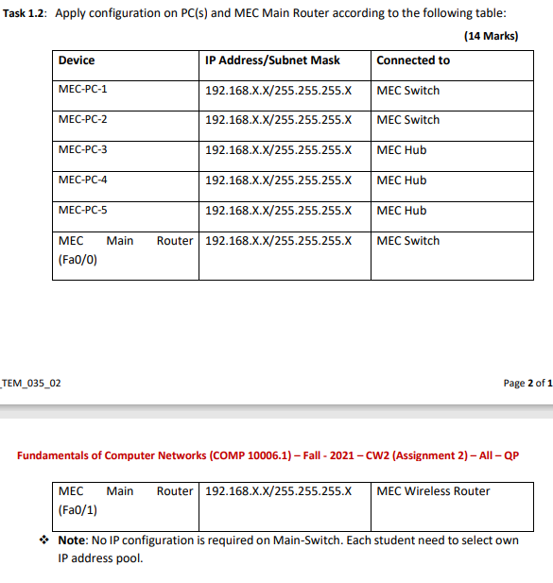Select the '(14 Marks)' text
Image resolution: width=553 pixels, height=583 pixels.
(491, 35)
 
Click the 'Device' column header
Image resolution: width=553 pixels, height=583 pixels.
(77, 60)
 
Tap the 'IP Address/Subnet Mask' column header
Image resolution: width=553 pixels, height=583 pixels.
(272, 60)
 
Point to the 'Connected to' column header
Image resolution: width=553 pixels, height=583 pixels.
(413, 60)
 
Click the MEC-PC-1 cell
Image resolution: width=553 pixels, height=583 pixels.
(83, 91)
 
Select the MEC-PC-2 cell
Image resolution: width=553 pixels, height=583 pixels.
(83, 120)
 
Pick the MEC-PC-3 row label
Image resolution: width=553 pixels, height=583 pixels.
(83, 150)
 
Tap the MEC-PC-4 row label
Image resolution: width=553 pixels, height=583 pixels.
(83, 180)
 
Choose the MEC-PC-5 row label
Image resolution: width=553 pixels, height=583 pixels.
(83, 211)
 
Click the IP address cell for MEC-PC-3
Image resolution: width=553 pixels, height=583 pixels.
(278, 150)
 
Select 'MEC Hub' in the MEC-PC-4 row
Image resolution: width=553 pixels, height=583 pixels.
(401, 180)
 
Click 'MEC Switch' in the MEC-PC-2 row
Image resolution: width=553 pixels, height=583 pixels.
(407, 120)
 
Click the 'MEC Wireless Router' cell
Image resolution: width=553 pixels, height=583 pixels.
(433, 491)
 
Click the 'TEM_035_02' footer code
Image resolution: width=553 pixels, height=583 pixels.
(32, 383)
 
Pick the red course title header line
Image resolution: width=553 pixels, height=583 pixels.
(268, 455)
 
